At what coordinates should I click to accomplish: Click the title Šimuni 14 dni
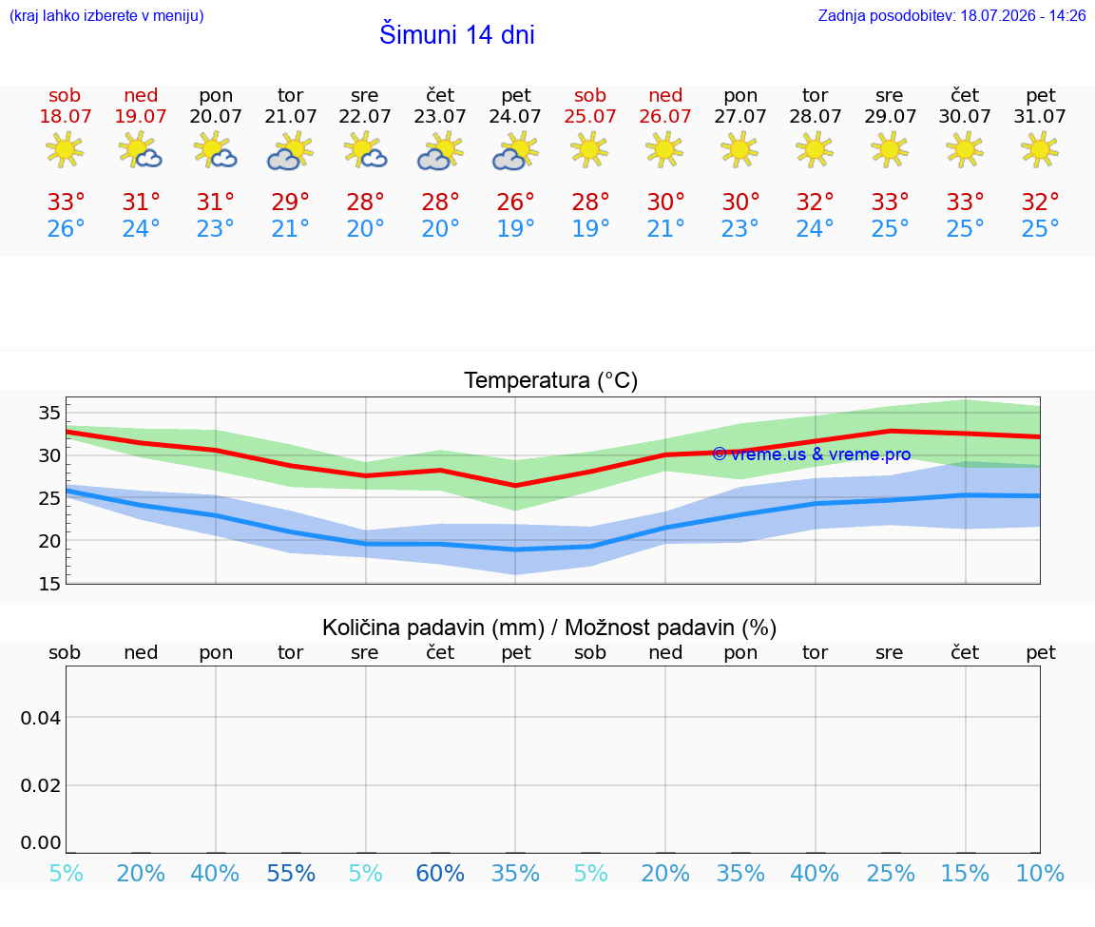click(x=456, y=34)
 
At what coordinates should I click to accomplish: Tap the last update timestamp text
click(x=951, y=15)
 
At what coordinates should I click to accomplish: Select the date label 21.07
click(x=290, y=116)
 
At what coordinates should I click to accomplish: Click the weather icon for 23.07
click(x=440, y=151)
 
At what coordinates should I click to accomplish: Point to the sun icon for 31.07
click(x=1040, y=150)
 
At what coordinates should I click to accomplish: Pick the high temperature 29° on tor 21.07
click(x=290, y=202)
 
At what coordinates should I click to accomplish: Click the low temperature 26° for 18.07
click(x=66, y=228)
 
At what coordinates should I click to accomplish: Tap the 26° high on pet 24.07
click(x=515, y=202)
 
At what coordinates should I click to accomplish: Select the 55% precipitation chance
click(x=291, y=873)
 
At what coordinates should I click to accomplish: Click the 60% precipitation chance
click(x=440, y=873)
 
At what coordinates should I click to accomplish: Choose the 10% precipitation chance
click(x=1040, y=873)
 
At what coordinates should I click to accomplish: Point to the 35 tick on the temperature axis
click(x=49, y=413)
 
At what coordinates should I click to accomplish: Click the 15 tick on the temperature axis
click(x=49, y=584)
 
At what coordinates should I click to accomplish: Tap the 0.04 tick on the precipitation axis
click(x=41, y=718)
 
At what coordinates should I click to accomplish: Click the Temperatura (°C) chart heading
click(x=551, y=380)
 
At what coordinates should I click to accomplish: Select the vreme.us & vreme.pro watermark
click(x=812, y=454)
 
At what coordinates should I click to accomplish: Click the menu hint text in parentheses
click(x=106, y=15)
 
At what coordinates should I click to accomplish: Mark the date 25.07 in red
click(x=590, y=116)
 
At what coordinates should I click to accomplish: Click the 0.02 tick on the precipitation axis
click(x=41, y=785)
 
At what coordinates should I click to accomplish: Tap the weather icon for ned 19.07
click(x=141, y=151)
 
